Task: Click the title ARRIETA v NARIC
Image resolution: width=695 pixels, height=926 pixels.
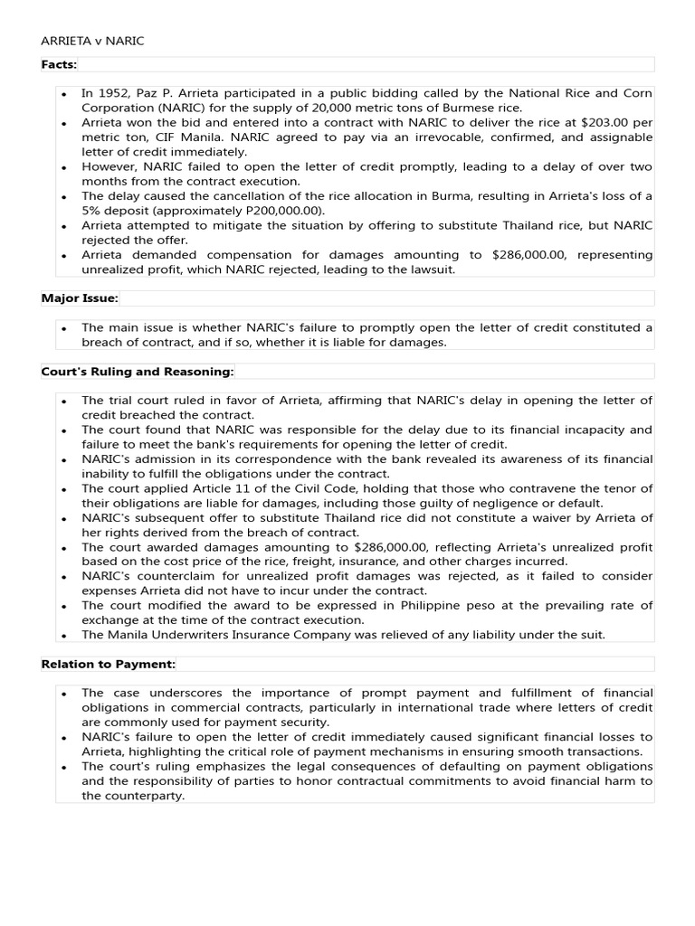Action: [x=92, y=42]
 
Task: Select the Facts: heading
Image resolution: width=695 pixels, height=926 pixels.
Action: [x=60, y=64]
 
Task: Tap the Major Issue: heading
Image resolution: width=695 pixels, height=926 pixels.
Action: [x=80, y=298]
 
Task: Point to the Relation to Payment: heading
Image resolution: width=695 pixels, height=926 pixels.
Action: [x=109, y=665]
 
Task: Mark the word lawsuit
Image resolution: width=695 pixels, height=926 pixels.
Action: [x=433, y=269]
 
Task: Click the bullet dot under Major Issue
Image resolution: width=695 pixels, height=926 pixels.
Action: [x=64, y=328]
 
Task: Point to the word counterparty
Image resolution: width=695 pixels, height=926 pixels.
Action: [x=145, y=796]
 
